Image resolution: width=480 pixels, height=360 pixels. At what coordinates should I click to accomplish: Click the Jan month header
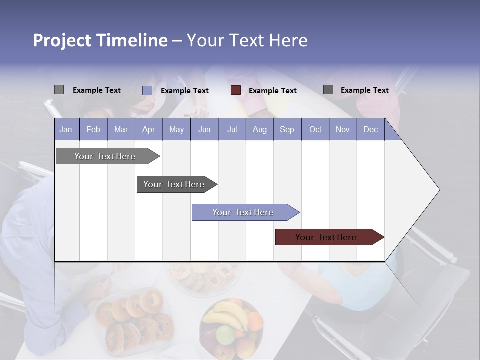click(66, 129)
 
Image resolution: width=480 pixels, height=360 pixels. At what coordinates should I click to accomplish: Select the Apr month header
click(148, 129)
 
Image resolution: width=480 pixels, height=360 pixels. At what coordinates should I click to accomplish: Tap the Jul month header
click(232, 129)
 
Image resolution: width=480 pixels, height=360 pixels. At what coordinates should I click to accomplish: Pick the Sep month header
click(287, 129)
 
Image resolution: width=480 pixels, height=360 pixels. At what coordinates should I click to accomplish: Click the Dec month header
click(370, 129)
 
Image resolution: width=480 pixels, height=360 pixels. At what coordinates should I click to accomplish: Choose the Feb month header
click(93, 129)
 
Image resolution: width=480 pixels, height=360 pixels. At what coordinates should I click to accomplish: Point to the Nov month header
click(343, 129)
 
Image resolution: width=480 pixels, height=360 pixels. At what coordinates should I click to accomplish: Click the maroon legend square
click(236, 90)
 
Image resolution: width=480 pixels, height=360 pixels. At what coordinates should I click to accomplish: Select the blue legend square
click(147, 90)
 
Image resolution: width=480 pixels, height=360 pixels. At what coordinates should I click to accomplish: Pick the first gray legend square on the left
click(59, 90)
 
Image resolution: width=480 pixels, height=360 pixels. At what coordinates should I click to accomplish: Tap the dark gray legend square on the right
click(328, 90)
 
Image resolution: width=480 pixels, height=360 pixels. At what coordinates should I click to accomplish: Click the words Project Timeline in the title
click(100, 40)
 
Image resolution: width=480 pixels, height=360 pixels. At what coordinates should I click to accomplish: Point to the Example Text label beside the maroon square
click(273, 91)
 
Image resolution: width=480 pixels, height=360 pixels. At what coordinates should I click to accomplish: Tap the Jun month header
click(204, 129)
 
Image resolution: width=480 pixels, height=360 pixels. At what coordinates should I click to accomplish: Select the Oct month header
click(315, 129)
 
